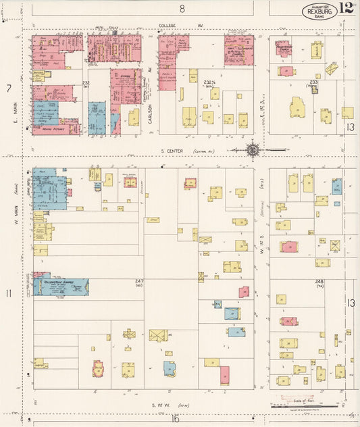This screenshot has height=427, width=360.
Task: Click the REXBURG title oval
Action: tap(319, 10)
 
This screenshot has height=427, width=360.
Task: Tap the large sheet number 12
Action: tap(346, 8)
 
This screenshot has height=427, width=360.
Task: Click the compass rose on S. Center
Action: tap(253, 150)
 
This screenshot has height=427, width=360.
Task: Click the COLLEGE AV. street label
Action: tap(172, 26)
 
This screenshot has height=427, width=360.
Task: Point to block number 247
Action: tap(139, 280)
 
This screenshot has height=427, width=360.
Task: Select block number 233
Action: tap(313, 82)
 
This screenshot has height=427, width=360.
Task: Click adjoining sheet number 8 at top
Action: tap(182, 8)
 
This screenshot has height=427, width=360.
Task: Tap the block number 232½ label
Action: tap(209, 82)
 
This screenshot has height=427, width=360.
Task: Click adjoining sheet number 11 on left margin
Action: tap(9, 293)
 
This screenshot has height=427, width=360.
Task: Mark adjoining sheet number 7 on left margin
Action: tap(9, 89)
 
